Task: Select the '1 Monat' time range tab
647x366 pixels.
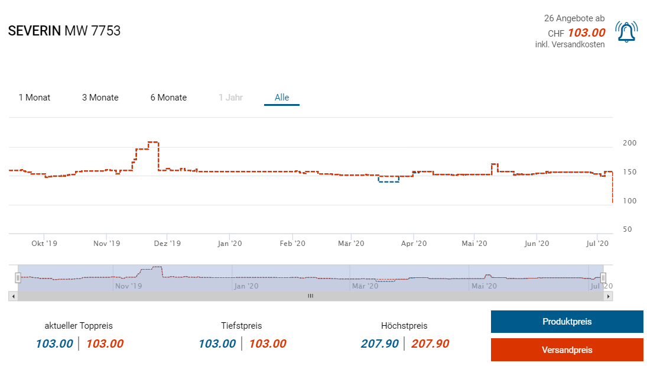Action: [x=34, y=98]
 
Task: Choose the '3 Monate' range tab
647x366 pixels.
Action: [x=100, y=98]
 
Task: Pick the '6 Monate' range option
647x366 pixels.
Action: [x=168, y=98]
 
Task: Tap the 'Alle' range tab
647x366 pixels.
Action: [x=282, y=98]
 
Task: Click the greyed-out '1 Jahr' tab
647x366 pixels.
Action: [x=230, y=98]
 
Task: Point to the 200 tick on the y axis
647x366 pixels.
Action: [x=630, y=143]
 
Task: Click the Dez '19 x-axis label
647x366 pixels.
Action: [x=167, y=243]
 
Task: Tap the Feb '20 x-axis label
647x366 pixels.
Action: [x=292, y=243]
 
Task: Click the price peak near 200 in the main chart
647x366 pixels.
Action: [x=153, y=142]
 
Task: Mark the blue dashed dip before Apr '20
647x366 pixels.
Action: [x=388, y=182]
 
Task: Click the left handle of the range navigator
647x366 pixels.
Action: [x=18, y=277]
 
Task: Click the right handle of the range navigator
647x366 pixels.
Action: [x=603, y=277]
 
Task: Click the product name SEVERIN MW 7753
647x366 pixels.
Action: [x=64, y=31]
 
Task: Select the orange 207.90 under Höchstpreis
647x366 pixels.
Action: [x=430, y=344]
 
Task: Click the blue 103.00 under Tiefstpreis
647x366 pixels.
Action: [x=217, y=344]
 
